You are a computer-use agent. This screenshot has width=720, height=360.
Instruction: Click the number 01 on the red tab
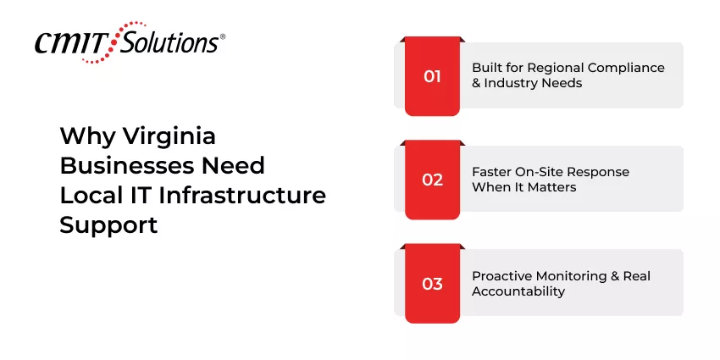point(432,76)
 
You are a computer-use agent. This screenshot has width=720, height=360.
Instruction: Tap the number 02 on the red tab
point(432,180)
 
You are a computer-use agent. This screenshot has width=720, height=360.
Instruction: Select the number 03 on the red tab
point(432,284)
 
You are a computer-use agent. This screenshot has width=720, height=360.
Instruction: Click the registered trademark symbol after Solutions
point(223,37)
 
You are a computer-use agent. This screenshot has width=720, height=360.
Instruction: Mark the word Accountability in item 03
point(518,291)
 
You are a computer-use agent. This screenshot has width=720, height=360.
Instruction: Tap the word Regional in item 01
point(548,68)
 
